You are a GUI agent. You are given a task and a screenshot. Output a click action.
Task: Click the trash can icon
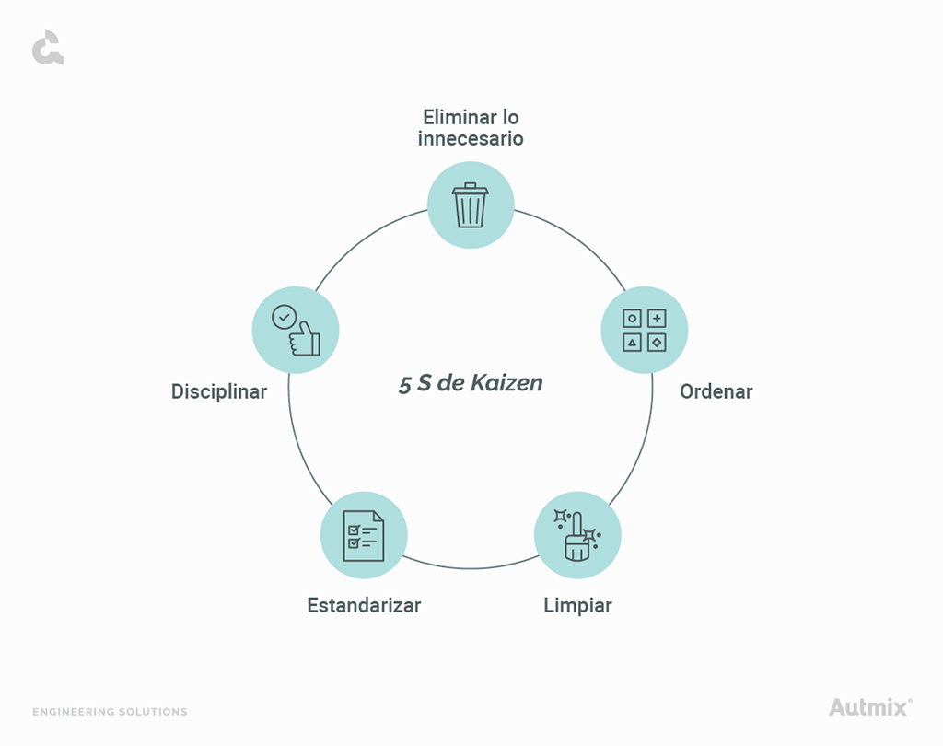[x=471, y=205]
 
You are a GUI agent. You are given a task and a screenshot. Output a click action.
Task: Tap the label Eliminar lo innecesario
[x=471, y=128]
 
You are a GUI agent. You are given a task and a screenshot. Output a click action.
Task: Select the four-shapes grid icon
[x=645, y=331]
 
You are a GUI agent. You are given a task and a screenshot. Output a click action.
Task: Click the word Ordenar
[x=716, y=391]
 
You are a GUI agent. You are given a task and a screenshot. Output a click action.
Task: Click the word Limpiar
[x=577, y=606]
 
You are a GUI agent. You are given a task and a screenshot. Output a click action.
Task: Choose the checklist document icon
[x=364, y=535]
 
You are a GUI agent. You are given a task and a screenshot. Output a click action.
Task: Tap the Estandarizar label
[x=364, y=606]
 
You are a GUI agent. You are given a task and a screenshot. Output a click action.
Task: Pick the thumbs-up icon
[x=297, y=331]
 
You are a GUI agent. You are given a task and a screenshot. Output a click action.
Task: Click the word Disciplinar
[x=219, y=391]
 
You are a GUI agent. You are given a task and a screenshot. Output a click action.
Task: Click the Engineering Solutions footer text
[x=110, y=712]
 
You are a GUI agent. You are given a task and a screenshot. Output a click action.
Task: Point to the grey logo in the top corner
[x=47, y=48]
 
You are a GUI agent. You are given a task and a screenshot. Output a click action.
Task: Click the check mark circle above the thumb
[x=284, y=317]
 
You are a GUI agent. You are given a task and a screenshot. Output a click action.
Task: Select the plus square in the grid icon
[x=657, y=319]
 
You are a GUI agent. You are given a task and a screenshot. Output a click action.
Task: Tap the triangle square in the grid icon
[x=633, y=343]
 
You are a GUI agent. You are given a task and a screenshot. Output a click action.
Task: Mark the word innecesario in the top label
[x=471, y=139]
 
